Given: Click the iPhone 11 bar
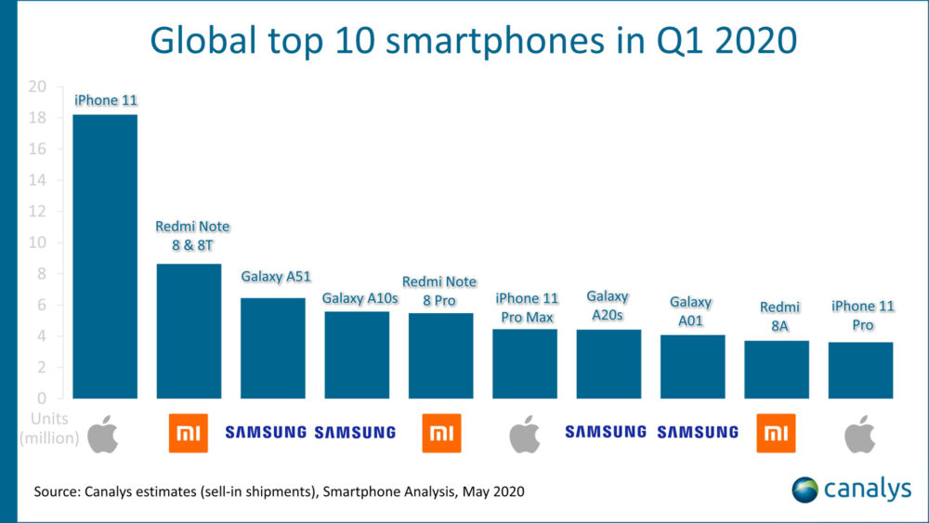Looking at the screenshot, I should click(105, 256).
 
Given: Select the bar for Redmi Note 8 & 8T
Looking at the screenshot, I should click(189, 331).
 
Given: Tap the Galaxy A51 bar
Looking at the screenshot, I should click(273, 347).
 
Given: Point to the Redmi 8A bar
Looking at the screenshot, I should click(777, 369).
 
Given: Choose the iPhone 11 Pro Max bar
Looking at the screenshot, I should click(525, 363).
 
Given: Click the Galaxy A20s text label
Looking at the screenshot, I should click(608, 306).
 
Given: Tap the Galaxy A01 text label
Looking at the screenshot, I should click(690, 311).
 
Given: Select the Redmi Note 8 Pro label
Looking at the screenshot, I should click(439, 291).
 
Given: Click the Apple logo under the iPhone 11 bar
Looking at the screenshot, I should click(103, 433).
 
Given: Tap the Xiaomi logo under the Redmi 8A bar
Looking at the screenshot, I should click(777, 433).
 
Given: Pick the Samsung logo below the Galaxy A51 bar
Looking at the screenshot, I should click(266, 432).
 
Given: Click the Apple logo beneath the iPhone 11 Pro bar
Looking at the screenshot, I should click(859, 433).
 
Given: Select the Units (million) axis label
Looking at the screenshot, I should click(51, 427).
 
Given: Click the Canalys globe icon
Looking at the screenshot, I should click(805, 489).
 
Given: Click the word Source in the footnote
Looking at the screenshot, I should click(55, 490).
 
